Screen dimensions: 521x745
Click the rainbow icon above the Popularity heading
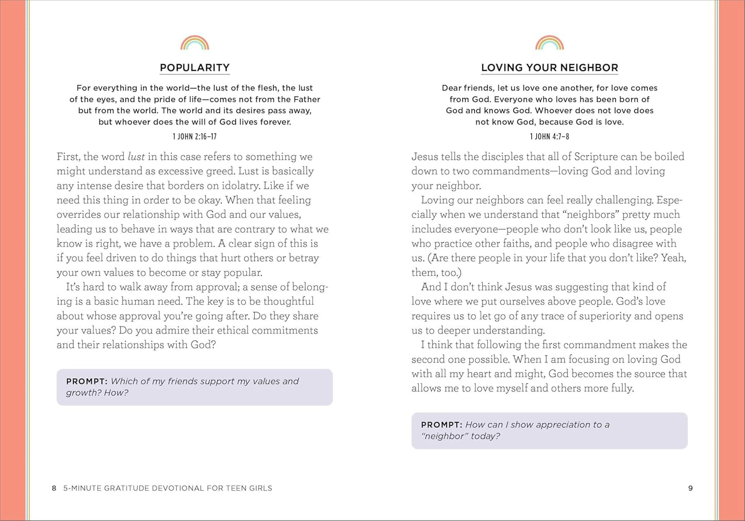(194, 43)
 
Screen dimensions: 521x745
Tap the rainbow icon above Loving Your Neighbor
(549, 43)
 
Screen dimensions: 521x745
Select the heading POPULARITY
(194, 67)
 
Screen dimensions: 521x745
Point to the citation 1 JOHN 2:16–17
(194, 136)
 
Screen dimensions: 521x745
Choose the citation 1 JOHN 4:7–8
(549, 136)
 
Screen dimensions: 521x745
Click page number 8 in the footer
(54, 488)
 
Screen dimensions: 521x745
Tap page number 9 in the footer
(690, 488)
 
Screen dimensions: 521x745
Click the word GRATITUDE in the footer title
(126, 488)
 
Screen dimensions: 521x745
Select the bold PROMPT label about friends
(86, 381)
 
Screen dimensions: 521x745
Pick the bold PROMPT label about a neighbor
(441, 425)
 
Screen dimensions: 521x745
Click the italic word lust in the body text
(136, 157)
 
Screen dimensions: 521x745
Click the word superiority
(599, 316)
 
